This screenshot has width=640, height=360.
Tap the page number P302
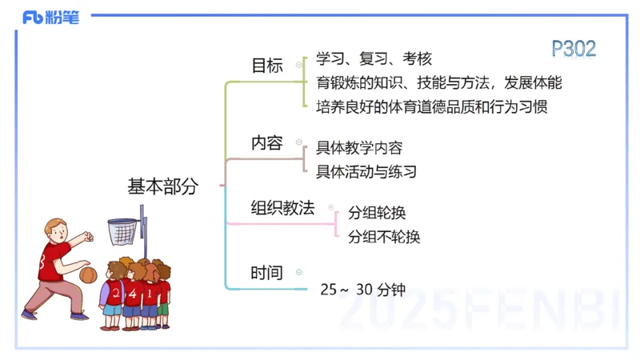(574, 49)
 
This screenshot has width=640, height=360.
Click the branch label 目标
(267, 66)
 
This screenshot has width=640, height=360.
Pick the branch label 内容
(267, 143)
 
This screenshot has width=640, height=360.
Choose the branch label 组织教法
(282, 207)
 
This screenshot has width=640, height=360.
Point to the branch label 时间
(267, 273)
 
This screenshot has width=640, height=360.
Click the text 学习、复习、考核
(374, 58)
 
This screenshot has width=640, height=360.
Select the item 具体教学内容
(359, 147)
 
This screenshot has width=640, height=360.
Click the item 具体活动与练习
(366, 171)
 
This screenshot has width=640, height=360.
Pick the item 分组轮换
(377, 213)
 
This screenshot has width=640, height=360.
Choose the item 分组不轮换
(384, 236)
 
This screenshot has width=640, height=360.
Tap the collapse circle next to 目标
(298, 66)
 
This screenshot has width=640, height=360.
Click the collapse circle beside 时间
(298, 273)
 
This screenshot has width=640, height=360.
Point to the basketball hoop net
(122, 232)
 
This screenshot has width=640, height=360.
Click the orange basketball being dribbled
(89, 274)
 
